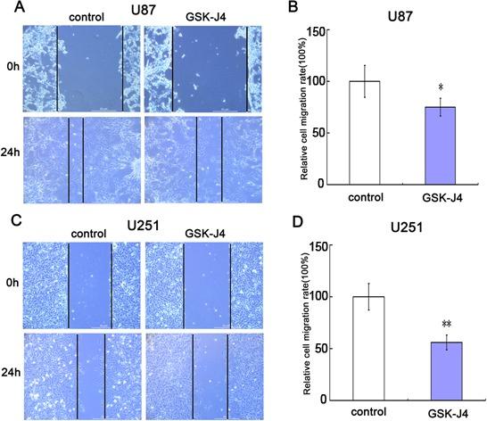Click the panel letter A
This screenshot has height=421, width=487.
[8, 8]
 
